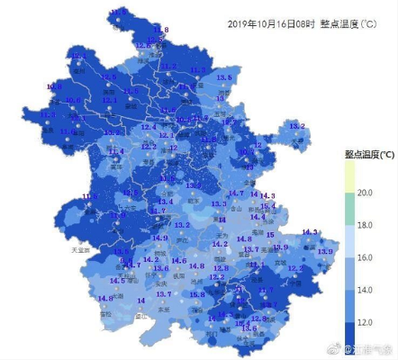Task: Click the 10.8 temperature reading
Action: coord(73,100)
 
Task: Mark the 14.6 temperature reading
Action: coord(178,261)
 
